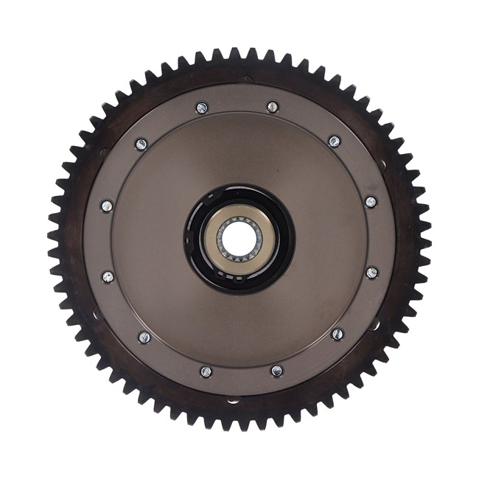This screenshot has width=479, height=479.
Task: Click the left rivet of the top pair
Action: tap(202, 108)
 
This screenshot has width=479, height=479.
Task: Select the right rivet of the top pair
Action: tap(273, 107)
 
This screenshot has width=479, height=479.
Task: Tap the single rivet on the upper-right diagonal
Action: tap(335, 141)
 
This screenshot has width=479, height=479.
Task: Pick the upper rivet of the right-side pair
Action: tap(371, 201)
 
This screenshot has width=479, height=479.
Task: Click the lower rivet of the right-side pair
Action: tap(372, 273)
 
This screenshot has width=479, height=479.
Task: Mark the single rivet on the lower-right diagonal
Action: tap(338, 335)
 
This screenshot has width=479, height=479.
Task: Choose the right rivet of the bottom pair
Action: tap(276, 371)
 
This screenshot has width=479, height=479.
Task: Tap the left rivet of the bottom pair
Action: tap(206, 371)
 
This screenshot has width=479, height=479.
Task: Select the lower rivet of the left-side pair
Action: tap(108, 277)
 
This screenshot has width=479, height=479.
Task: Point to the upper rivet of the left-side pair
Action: tap(107, 206)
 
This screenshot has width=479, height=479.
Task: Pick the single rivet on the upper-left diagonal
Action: tap(141, 144)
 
